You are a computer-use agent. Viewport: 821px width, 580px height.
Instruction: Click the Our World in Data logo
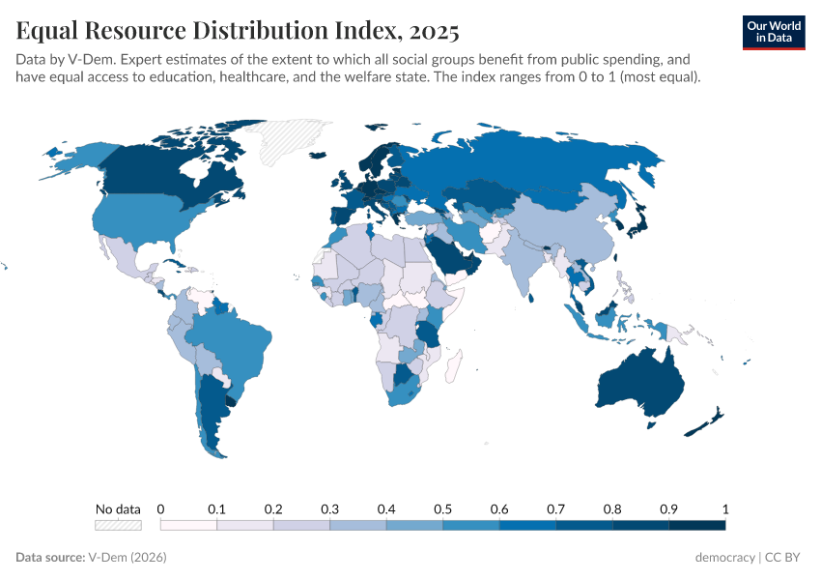tap(774, 32)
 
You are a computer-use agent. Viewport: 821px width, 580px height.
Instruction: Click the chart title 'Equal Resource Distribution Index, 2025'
tap(238, 32)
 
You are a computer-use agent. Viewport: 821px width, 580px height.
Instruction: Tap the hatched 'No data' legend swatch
tap(118, 525)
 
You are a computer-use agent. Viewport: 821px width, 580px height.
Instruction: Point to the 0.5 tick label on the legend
tap(442, 508)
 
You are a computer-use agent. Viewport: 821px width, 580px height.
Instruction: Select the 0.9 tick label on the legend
tap(668, 508)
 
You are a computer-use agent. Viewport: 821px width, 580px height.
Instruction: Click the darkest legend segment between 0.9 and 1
tap(696, 525)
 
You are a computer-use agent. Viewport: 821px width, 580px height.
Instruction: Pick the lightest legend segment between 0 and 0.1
tap(188, 525)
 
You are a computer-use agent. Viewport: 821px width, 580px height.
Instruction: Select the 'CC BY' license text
tap(786, 558)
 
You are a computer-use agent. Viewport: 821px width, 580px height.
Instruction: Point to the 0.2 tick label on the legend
tap(273, 508)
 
